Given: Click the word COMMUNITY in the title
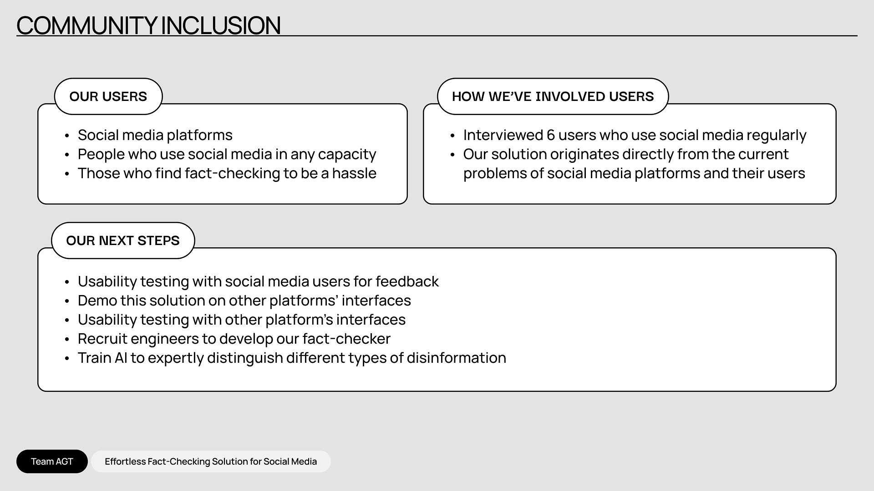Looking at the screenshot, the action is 87,25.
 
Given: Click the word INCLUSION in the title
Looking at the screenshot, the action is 221,25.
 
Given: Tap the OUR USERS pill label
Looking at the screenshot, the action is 108,96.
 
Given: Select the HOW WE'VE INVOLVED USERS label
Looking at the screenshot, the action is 553,96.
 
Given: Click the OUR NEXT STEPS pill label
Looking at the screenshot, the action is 123,240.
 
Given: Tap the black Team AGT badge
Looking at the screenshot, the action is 52,461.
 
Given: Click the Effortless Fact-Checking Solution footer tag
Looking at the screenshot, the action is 211,461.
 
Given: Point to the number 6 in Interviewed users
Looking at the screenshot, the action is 551,135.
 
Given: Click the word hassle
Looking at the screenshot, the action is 354,173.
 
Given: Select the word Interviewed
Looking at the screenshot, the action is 503,135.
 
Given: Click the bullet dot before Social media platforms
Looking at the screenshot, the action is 67,136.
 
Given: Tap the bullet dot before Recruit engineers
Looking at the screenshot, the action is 67,340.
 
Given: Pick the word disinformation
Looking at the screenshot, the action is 456,358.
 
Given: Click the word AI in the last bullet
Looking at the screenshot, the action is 121,358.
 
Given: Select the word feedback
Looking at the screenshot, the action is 407,281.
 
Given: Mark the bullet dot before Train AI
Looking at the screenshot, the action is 67,359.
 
